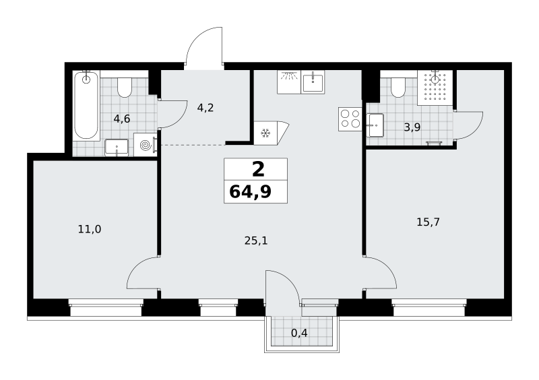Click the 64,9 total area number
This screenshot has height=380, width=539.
(250, 192)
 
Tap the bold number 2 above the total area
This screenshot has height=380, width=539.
(258, 169)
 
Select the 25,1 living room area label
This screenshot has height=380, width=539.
(256, 241)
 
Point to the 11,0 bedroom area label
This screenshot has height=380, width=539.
(90, 229)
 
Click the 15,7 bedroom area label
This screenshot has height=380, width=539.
(428, 222)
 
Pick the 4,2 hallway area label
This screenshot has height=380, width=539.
(205, 108)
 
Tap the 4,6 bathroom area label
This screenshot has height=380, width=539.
(122, 119)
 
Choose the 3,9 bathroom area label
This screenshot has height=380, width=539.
(412, 127)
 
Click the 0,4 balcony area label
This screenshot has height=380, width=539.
(299, 333)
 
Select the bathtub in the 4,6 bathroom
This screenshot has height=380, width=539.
(86, 105)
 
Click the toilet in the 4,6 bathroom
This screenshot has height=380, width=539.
(124, 88)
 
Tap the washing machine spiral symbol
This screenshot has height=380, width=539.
(146, 145)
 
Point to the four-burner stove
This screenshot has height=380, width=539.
(350, 119)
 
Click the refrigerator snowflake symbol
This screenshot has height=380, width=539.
(265, 133)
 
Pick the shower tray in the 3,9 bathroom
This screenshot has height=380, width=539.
(435, 88)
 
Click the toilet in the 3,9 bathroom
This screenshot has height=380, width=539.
(398, 88)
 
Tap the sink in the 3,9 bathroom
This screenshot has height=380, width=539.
(375, 125)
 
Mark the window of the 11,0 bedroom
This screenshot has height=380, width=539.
(106, 307)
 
